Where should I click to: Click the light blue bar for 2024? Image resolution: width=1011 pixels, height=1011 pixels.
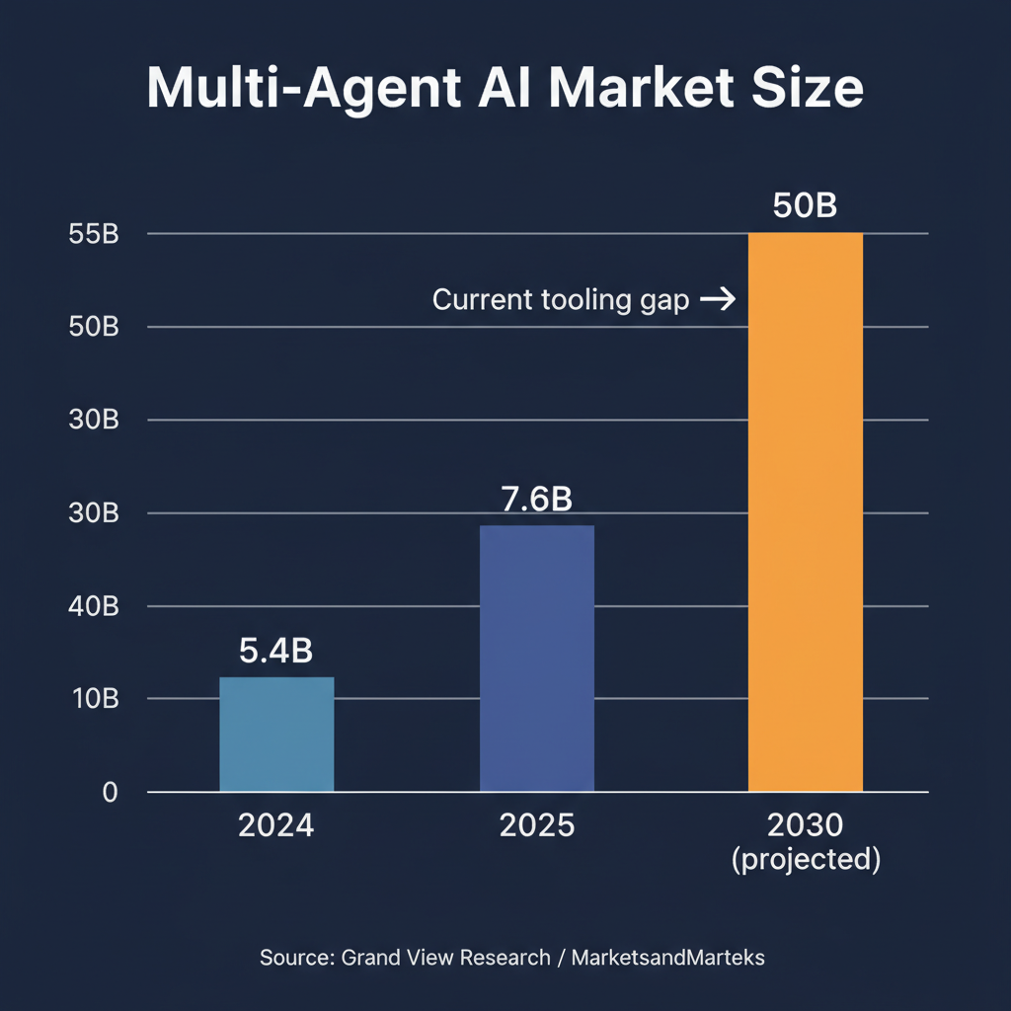tap(276, 734)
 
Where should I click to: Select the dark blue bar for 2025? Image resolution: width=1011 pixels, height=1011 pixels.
tap(536, 658)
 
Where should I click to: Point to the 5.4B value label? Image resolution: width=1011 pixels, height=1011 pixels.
tap(276, 652)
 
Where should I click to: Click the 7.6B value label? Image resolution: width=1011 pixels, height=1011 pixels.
tap(536, 500)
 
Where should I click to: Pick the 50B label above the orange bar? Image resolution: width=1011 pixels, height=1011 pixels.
tap(805, 207)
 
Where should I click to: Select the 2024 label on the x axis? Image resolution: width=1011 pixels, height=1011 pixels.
tap(276, 824)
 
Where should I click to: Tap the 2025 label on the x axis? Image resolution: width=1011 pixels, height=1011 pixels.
tap(536, 824)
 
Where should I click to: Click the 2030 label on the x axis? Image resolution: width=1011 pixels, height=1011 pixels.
tap(805, 824)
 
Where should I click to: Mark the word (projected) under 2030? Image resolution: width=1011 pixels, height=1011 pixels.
tap(805, 859)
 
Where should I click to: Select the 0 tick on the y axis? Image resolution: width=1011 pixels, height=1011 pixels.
tap(110, 792)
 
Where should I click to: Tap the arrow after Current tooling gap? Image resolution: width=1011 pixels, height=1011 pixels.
tap(717, 300)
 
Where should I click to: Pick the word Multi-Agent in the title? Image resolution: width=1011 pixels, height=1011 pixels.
tap(304, 90)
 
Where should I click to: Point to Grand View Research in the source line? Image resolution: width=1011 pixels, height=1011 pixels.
tap(445, 957)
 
